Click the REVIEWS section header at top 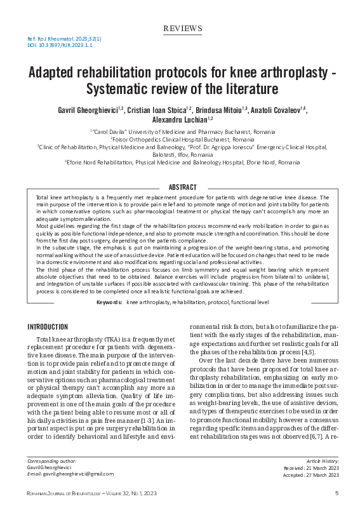pyautogui.click(x=183, y=29)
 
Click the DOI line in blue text pyautogui.click(x=51, y=46)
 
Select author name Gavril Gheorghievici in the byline pyautogui.click(x=84, y=110)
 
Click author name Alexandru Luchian pyautogui.click(x=180, y=119)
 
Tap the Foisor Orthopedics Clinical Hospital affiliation pyautogui.click(x=183, y=138)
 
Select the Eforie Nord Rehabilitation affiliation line pyautogui.click(x=183, y=163)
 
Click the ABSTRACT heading pyautogui.click(x=183, y=187)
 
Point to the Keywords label pyautogui.click(x=109, y=303)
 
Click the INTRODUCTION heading pyautogui.click(x=48, y=327)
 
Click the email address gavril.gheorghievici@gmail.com pyautogui.click(x=71, y=474)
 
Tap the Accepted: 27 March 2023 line pyautogui.click(x=311, y=474)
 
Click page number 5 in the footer pyautogui.click(x=337, y=493)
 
